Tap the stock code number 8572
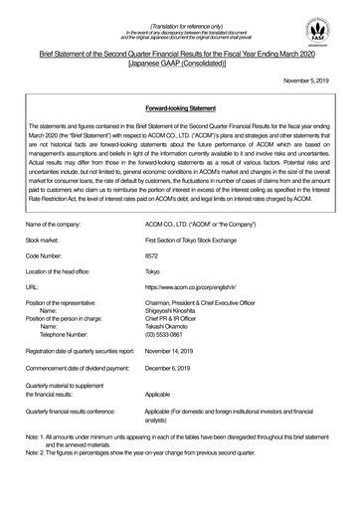(182, 255)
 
